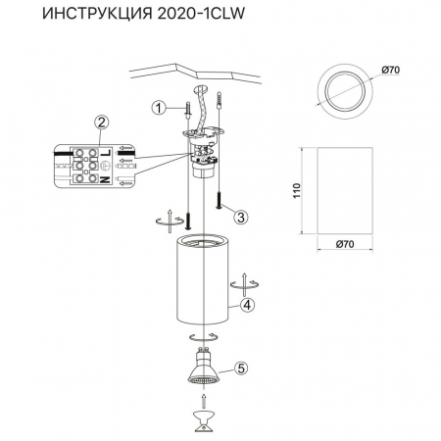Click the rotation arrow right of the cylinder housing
pyautogui.click(x=238, y=284)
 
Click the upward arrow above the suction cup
pyautogui.click(x=204, y=401)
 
